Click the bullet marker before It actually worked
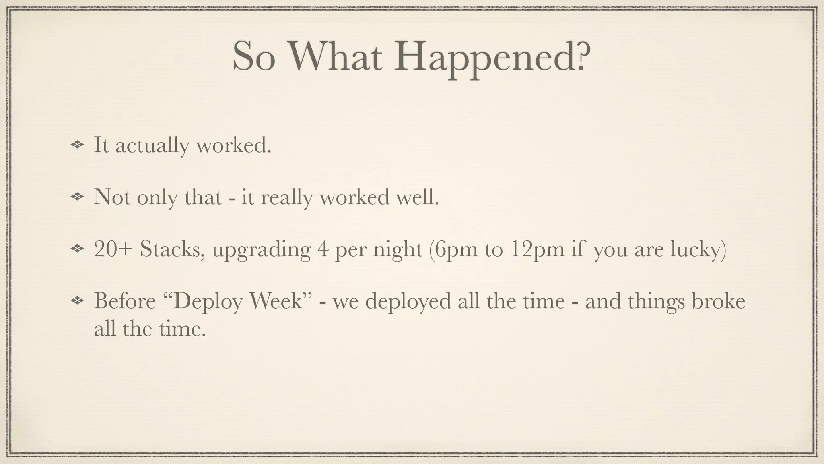[76, 145]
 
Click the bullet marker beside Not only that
[76, 197]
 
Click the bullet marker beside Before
[76, 301]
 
